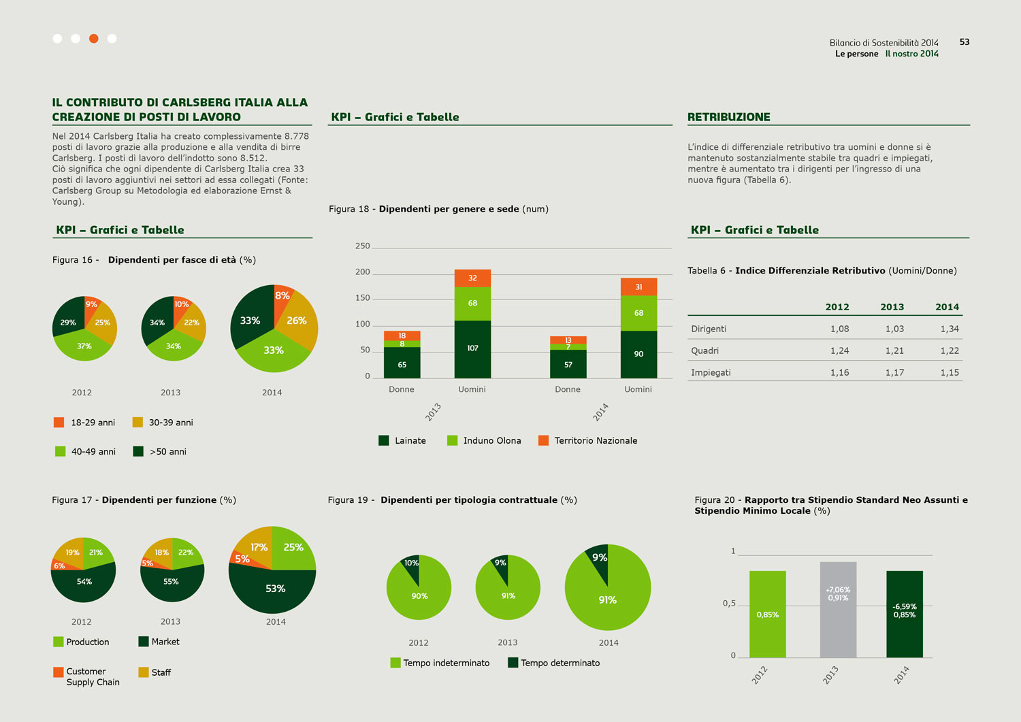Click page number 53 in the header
coord(965,42)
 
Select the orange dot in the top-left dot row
coord(94,39)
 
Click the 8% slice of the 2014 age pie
coord(282,296)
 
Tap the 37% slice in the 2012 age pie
coord(84,346)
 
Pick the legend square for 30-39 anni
coord(137,423)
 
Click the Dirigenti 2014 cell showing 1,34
coord(949,329)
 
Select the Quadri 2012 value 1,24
coord(839,350)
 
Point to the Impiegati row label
coord(711,372)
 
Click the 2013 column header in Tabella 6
coord(892,307)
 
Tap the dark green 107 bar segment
coord(472,348)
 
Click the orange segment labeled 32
coord(472,278)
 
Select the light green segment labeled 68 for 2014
coord(638,313)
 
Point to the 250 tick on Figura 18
coord(363,246)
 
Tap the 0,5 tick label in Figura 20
coord(729,604)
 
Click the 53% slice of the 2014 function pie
coord(275,589)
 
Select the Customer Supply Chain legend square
coord(59,672)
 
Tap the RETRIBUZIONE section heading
coord(728,117)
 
